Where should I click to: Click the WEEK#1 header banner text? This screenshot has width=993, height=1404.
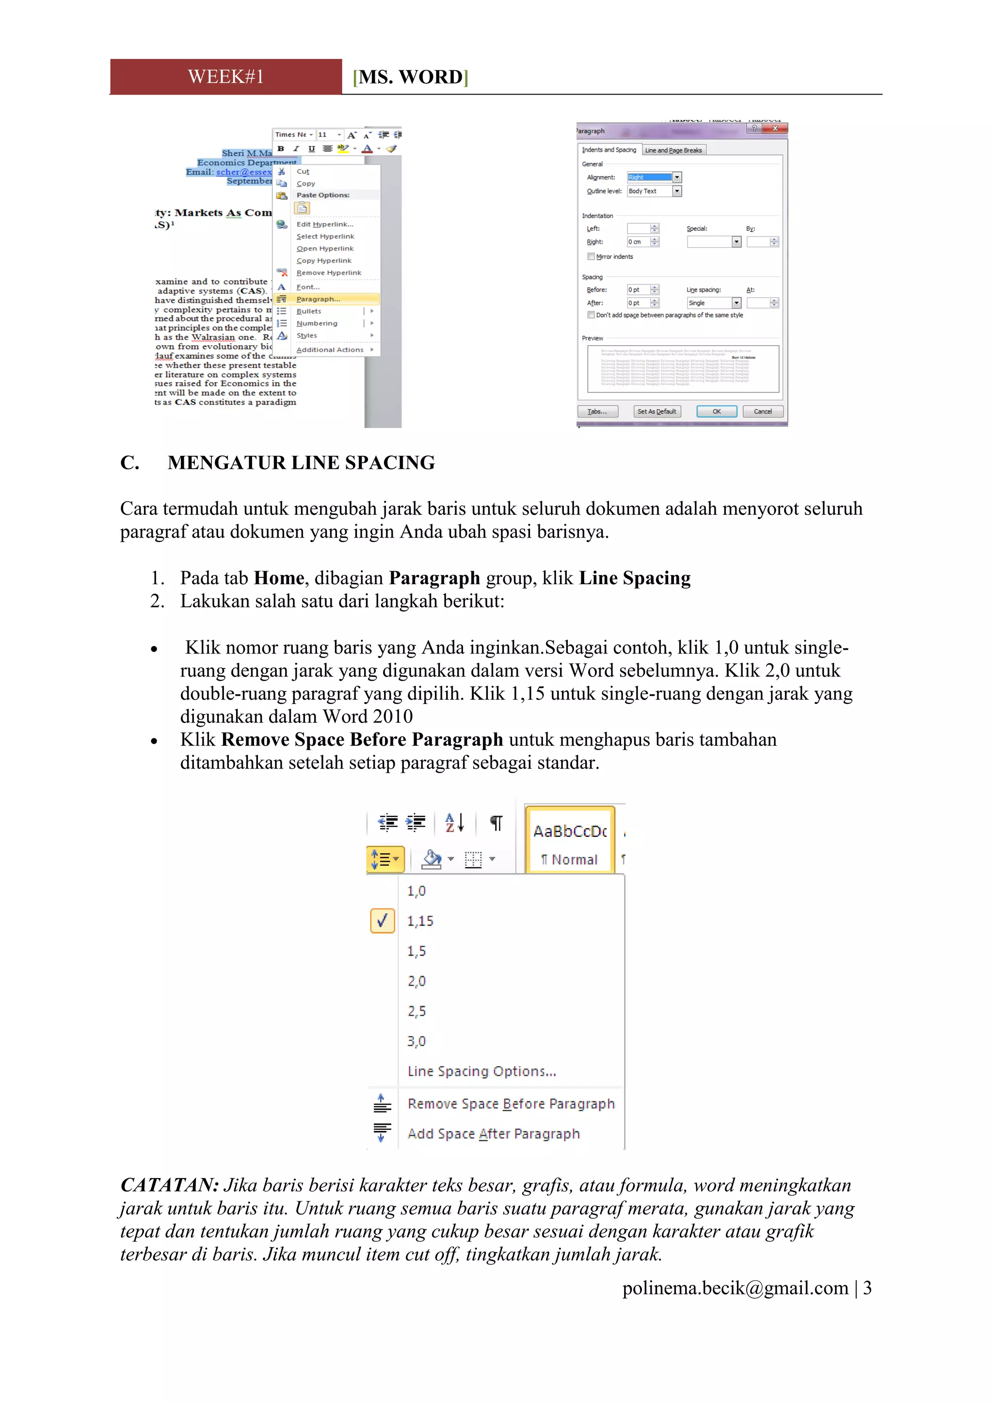(x=225, y=77)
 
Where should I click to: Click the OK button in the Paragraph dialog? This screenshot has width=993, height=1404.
(x=716, y=412)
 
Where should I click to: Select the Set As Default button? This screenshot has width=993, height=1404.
(x=657, y=412)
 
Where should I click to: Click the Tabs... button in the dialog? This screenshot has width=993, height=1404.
(x=597, y=412)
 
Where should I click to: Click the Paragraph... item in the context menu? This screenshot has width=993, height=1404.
(x=318, y=299)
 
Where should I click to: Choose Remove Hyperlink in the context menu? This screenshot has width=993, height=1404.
(x=328, y=273)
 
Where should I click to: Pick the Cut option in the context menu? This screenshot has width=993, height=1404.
(x=303, y=172)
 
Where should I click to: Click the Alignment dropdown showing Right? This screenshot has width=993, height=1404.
(x=654, y=177)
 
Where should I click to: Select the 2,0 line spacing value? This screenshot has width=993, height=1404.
(x=416, y=981)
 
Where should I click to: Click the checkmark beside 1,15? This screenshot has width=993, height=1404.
(x=383, y=921)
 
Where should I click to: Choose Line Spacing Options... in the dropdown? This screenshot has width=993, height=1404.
(x=482, y=1071)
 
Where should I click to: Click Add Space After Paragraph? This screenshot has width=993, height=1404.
(x=494, y=1133)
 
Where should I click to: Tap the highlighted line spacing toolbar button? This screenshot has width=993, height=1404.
(x=385, y=860)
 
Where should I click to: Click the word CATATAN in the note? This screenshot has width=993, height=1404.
(x=169, y=1185)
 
